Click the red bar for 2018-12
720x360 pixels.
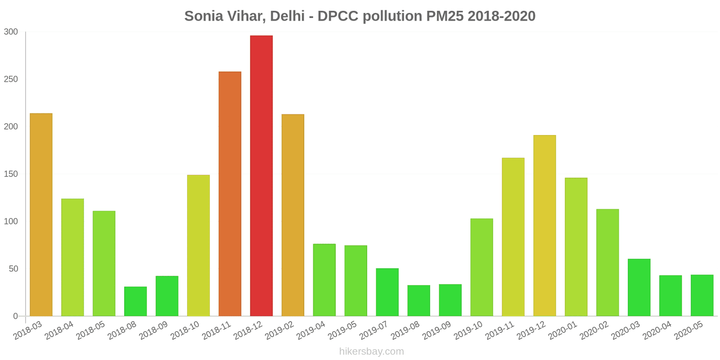(x=261, y=175)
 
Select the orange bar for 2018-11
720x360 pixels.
(x=229, y=193)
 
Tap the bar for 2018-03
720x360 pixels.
(x=41, y=215)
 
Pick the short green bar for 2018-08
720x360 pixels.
(x=135, y=301)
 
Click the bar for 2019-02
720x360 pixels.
(x=292, y=215)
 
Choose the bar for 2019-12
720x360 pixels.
(x=544, y=225)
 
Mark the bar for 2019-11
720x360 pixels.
(x=513, y=237)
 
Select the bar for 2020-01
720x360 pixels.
(x=576, y=247)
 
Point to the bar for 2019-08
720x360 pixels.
(x=418, y=300)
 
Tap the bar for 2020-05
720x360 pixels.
(x=702, y=295)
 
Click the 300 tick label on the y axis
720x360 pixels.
(x=11, y=31)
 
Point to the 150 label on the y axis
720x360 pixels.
(x=11, y=174)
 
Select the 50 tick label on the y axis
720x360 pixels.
(x=13, y=269)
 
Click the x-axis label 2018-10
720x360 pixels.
(x=184, y=330)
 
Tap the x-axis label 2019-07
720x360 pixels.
(x=373, y=330)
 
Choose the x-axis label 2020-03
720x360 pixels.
(x=625, y=330)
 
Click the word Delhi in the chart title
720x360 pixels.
(x=288, y=16)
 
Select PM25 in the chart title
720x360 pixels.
(x=443, y=16)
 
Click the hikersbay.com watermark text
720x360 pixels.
(x=372, y=351)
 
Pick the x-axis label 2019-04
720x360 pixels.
(x=310, y=330)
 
